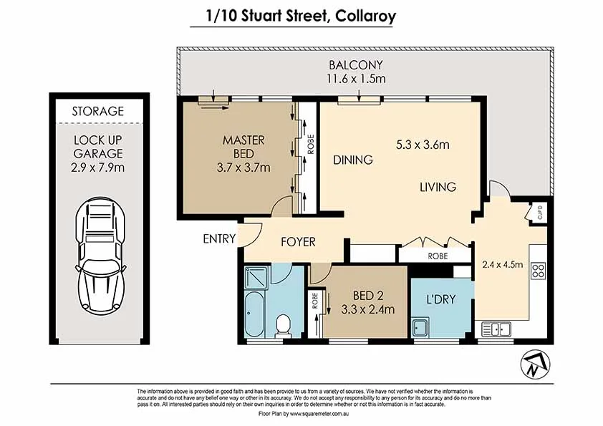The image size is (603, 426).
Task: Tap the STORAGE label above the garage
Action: point(97,111)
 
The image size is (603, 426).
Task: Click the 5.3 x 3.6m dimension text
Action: point(423,145)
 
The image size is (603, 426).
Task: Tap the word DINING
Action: point(352,160)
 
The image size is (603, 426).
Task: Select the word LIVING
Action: point(438,187)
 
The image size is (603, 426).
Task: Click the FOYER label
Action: point(298,242)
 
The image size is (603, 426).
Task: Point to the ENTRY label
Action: point(219,238)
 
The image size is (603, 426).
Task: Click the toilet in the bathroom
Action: point(283,326)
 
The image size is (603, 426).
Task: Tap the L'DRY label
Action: point(441,300)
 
